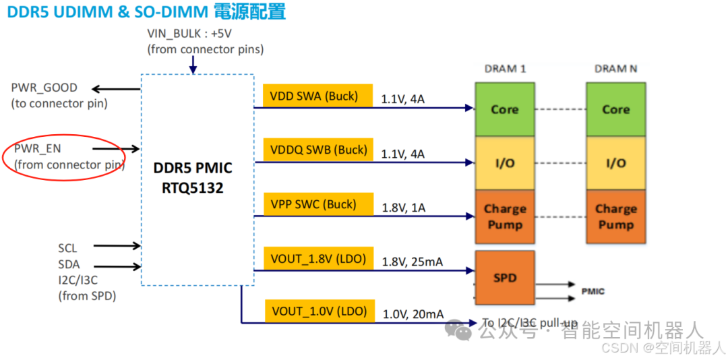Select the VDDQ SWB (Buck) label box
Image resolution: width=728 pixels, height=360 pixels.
pyautogui.click(x=318, y=150)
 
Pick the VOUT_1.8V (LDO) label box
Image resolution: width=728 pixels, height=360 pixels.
pyautogui.click(x=318, y=258)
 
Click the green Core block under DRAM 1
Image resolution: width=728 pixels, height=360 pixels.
pyautogui.click(x=504, y=109)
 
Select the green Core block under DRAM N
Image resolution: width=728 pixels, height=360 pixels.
pyautogui.click(x=615, y=109)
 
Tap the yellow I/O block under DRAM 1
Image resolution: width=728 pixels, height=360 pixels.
pyautogui.click(x=504, y=163)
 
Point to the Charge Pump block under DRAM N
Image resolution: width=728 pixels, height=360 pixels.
pyautogui.click(x=615, y=216)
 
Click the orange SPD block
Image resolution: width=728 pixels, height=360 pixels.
pyautogui.click(x=504, y=278)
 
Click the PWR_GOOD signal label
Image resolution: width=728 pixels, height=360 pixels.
pyautogui.click(x=44, y=88)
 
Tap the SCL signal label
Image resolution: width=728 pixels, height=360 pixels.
pyautogui.click(x=67, y=248)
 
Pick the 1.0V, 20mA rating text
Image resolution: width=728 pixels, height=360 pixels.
pyautogui.click(x=413, y=314)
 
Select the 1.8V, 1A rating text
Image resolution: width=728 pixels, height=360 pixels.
pyautogui.click(x=403, y=208)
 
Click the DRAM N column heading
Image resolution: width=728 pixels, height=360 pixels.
pyautogui.click(x=615, y=69)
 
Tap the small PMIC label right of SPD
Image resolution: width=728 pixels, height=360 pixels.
pyautogui.click(x=593, y=291)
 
